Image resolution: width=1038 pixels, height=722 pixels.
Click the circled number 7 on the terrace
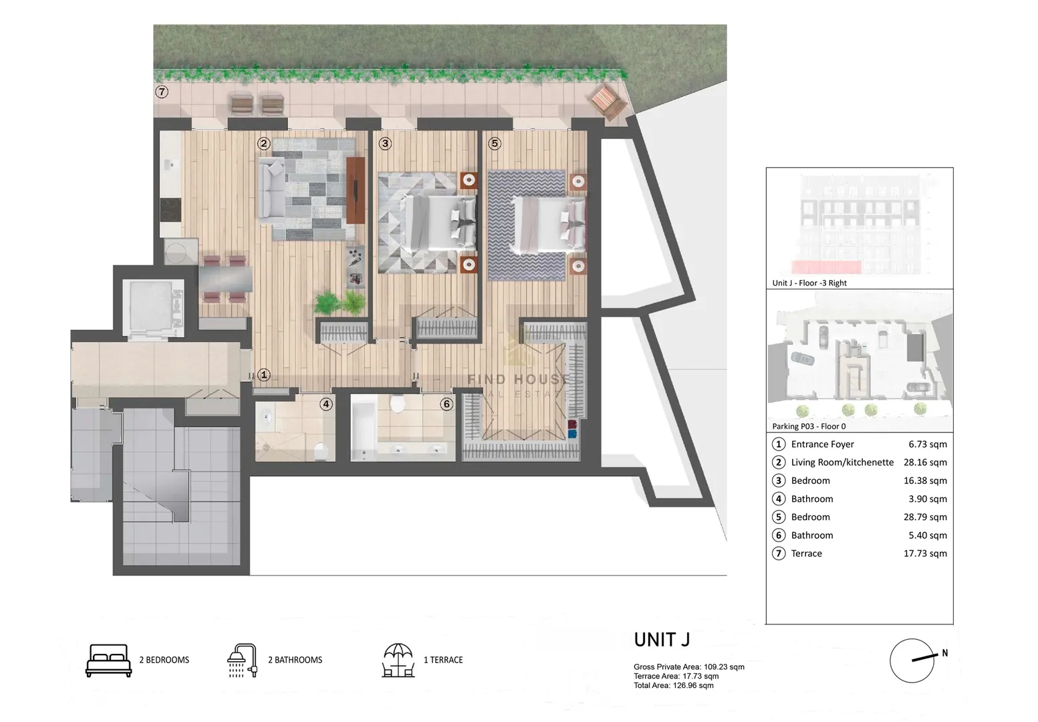[161, 92]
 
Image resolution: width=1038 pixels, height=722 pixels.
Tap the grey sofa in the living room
[271, 188]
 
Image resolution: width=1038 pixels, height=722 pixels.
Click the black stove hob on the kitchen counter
[170, 210]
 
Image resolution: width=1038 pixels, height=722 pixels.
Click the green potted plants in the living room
[340, 303]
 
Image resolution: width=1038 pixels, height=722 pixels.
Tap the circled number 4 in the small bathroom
[326, 404]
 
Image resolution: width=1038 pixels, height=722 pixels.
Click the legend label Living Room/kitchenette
[842, 462]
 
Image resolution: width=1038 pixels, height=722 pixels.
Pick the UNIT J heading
[662, 640]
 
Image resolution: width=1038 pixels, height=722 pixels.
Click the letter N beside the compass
[945, 653]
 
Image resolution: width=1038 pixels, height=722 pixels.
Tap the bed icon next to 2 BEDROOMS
[108, 660]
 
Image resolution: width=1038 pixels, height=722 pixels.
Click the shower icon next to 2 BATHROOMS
[243, 660]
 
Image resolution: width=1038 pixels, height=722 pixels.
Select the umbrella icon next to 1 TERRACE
[398, 660]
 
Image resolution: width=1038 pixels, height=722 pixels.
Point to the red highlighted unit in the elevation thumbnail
[826, 267]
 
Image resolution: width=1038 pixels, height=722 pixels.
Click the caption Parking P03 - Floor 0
[809, 426]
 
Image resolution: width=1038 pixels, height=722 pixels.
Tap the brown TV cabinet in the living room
[356, 191]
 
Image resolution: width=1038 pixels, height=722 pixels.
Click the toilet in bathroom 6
[398, 403]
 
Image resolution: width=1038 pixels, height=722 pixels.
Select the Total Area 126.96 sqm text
[674, 685]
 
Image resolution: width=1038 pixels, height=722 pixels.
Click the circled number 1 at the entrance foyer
[263, 374]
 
